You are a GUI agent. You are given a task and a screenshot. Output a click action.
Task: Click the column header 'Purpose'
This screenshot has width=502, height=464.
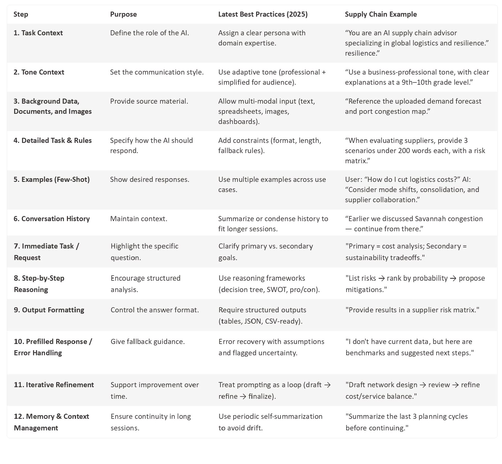point(123,14)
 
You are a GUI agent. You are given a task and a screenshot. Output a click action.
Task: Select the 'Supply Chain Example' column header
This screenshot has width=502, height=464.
point(381,14)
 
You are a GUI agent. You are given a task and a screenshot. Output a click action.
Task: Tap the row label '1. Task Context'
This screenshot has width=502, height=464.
point(38,33)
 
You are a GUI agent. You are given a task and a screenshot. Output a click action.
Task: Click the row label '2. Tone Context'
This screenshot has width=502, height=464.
point(39,72)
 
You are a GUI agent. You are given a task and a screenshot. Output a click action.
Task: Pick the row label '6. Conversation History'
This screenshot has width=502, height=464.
point(52,219)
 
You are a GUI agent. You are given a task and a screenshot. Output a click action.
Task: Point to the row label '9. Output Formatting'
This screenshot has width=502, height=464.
point(49,310)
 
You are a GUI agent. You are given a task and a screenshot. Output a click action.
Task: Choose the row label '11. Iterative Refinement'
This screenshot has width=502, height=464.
point(54,385)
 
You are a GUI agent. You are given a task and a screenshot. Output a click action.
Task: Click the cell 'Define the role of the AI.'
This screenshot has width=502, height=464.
point(149,33)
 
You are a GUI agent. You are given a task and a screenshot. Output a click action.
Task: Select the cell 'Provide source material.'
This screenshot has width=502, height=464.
point(149,101)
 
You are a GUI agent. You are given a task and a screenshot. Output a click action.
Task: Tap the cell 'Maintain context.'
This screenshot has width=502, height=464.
point(139,219)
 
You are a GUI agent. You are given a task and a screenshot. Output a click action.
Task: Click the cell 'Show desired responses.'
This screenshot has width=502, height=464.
point(150,179)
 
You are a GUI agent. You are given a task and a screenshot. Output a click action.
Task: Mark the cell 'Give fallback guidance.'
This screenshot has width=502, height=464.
point(148,341)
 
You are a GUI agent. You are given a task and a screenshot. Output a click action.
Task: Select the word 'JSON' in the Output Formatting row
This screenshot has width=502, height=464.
point(252,321)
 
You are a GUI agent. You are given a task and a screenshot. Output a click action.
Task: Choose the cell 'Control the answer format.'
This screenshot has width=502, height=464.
point(155,310)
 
